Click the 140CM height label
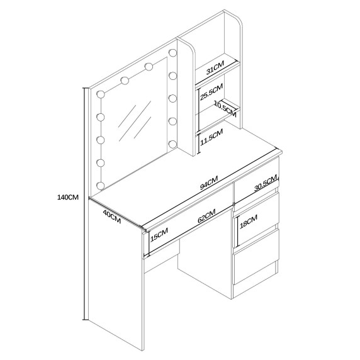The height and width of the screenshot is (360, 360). (68, 197)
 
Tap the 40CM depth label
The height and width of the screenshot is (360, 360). (112, 217)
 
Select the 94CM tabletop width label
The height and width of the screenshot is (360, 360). (209, 183)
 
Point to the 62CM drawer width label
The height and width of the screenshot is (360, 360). (206, 216)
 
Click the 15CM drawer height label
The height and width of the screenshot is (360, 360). (159, 235)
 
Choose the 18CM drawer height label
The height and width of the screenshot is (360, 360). (249, 222)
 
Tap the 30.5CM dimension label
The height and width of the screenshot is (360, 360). (266, 183)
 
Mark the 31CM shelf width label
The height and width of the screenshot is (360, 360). (215, 68)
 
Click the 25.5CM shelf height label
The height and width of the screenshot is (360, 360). (211, 92)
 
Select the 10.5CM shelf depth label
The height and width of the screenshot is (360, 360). (225, 109)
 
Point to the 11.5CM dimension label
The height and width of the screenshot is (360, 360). (211, 137)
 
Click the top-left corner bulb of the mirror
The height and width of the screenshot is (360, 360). (101, 94)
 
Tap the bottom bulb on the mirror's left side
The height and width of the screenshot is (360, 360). (101, 186)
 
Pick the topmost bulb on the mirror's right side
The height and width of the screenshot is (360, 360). (172, 53)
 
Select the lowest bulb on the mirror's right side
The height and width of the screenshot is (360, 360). (172, 144)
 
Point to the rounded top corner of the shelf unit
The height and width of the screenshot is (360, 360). (239, 20)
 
